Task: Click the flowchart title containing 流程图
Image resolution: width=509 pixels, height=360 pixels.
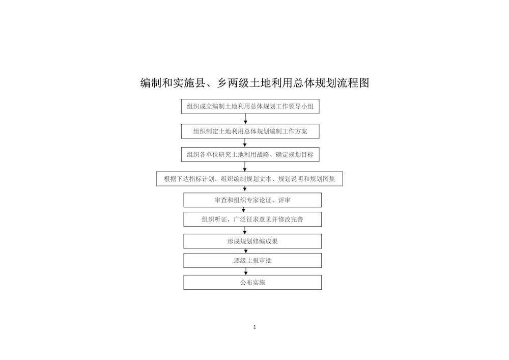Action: click(x=254, y=83)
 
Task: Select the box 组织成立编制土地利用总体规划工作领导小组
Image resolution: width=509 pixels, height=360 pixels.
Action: click(x=250, y=106)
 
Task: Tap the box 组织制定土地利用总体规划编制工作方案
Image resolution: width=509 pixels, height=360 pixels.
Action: click(x=250, y=131)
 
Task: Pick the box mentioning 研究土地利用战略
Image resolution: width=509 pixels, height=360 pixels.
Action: click(x=250, y=154)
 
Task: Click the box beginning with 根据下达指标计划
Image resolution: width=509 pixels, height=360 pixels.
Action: click(x=249, y=179)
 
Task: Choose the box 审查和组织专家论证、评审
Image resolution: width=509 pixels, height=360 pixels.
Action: click(x=252, y=200)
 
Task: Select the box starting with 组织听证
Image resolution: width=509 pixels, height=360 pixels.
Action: click(x=252, y=219)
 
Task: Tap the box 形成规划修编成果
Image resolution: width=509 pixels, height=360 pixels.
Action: click(x=252, y=241)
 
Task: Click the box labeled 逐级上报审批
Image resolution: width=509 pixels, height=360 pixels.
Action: click(x=252, y=260)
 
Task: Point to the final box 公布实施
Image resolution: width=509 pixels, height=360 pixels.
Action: click(x=252, y=283)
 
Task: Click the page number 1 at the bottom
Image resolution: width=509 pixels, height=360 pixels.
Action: click(x=254, y=327)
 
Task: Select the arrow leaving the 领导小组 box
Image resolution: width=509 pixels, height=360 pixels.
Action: click(x=245, y=119)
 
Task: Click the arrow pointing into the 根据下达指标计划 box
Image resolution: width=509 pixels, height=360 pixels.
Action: click(x=245, y=167)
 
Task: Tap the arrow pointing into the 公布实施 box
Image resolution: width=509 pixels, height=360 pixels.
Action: click(x=246, y=271)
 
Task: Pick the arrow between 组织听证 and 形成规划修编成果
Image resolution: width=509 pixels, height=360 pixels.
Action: click(x=245, y=230)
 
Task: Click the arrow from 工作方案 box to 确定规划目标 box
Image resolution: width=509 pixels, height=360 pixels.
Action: click(x=245, y=143)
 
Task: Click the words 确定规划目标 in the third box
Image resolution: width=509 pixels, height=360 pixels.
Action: click(x=295, y=154)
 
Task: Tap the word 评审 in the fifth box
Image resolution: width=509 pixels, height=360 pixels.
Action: click(x=285, y=200)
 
